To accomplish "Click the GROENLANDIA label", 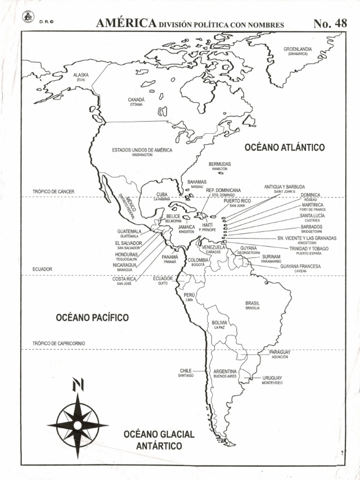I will click(298, 49).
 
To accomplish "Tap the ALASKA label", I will click(81, 75).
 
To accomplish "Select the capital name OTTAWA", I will click(136, 105).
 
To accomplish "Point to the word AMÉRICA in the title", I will click(126, 23).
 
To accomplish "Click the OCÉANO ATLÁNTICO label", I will click(285, 148).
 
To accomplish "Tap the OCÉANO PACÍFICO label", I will click(92, 318).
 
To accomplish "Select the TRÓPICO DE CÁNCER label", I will click(53, 192).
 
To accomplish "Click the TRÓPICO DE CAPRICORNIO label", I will click(59, 343).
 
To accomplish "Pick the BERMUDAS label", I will click(220, 164).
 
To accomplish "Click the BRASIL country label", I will click(252, 303).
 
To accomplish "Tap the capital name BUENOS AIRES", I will click(225, 376).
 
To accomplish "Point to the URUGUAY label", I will click(272, 377).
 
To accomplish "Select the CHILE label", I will click(186, 371).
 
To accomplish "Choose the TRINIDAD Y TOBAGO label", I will click(308, 248).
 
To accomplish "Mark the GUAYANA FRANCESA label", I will click(300, 266).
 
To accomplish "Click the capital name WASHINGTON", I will click(142, 155).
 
